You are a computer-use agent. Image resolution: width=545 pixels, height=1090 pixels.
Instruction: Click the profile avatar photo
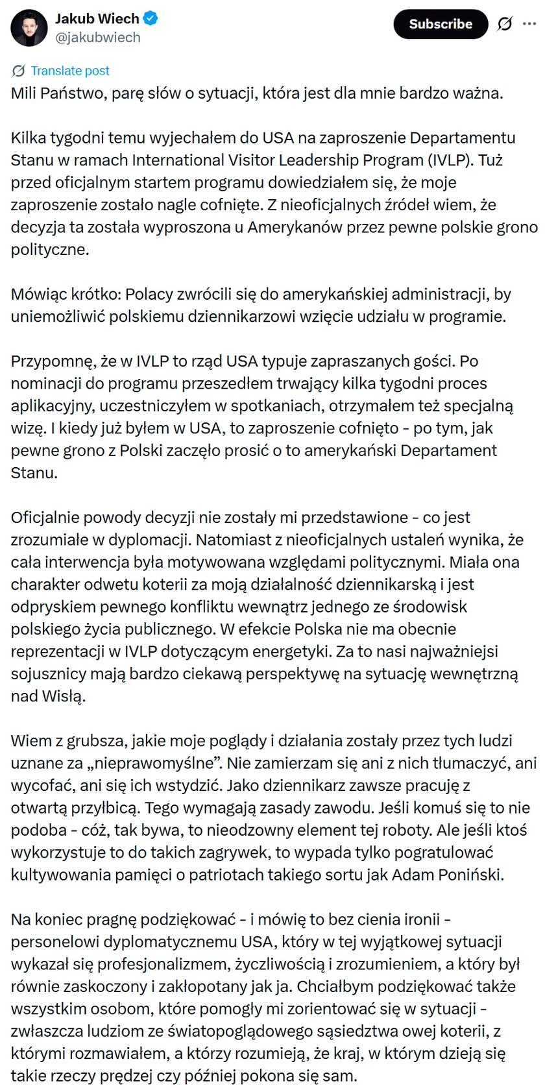click(29, 28)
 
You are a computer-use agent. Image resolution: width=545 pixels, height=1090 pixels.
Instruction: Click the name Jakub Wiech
click(97, 19)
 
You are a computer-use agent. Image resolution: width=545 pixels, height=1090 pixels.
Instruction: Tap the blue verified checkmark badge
click(151, 19)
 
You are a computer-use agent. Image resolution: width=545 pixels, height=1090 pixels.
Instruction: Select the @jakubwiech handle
click(98, 38)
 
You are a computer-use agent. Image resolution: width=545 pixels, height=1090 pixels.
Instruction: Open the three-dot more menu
click(529, 24)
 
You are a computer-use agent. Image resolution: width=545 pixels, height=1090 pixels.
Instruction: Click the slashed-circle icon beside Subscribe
click(505, 24)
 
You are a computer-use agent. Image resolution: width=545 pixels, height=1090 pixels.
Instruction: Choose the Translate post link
click(70, 71)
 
